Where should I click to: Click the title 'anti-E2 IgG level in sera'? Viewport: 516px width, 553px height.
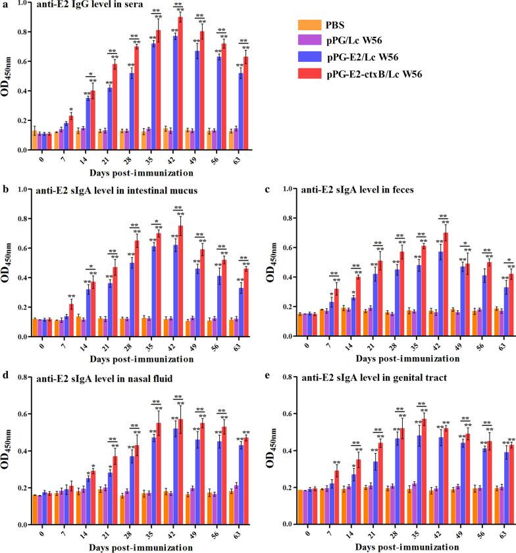click(x=79, y=7)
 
